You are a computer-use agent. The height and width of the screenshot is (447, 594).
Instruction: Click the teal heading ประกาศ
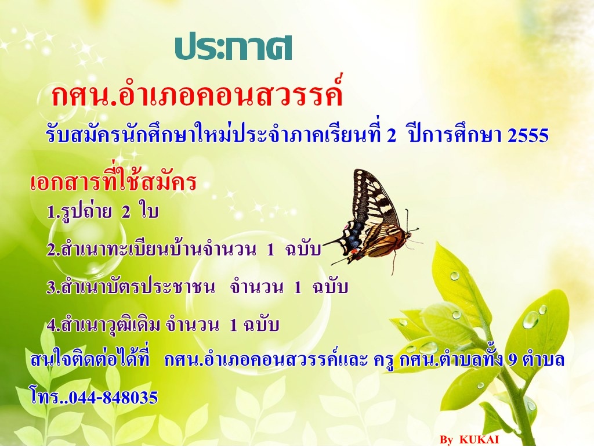[x=233, y=49]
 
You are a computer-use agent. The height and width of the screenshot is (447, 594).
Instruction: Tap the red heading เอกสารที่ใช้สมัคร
[x=113, y=181]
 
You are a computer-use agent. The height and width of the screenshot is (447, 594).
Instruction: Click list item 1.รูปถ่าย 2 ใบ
[x=102, y=211]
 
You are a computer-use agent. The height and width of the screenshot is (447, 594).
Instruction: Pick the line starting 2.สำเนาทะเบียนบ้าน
[x=184, y=249]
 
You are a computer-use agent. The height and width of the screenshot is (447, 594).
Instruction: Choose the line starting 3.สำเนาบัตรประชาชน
[x=197, y=287]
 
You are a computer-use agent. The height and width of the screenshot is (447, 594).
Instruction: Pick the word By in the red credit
[x=447, y=440]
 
